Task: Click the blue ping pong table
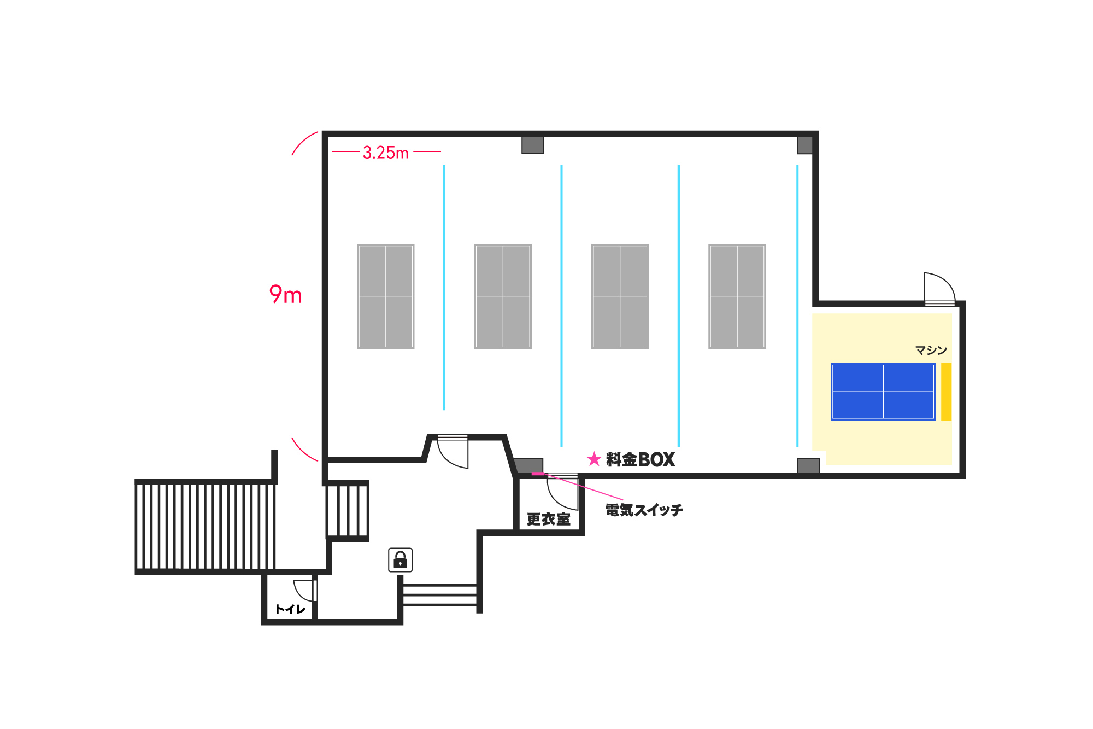pyautogui.click(x=883, y=392)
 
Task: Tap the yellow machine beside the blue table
pyautogui.click(x=946, y=392)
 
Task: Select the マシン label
pyautogui.click(x=931, y=350)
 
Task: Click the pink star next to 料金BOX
pyautogui.click(x=594, y=459)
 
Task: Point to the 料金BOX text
pyautogui.click(x=640, y=459)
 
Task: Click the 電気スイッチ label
pyautogui.click(x=644, y=510)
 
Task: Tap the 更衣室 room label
pyautogui.click(x=548, y=519)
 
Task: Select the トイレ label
pyautogui.click(x=290, y=609)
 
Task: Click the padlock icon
pyautogui.click(x=401, y=560)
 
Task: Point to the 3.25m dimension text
pyautogui.click(x=386, y=153)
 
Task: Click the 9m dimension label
pyautogui.click(x=285, y=295)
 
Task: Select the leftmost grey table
pyautogui.click(x=386, y=296)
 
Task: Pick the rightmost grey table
pyautogui.click(x=737, y=296)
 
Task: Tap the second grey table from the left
pyautogui.click(x=503, y=296)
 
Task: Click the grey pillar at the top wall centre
pyautogui.click(x=533, y=145)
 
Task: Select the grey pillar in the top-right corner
pyautogui.click(x=805, y=145)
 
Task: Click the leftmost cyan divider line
pyautogui.click(x=444, y=287)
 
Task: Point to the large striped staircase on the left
pyautogui.click(x=205, y=527)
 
